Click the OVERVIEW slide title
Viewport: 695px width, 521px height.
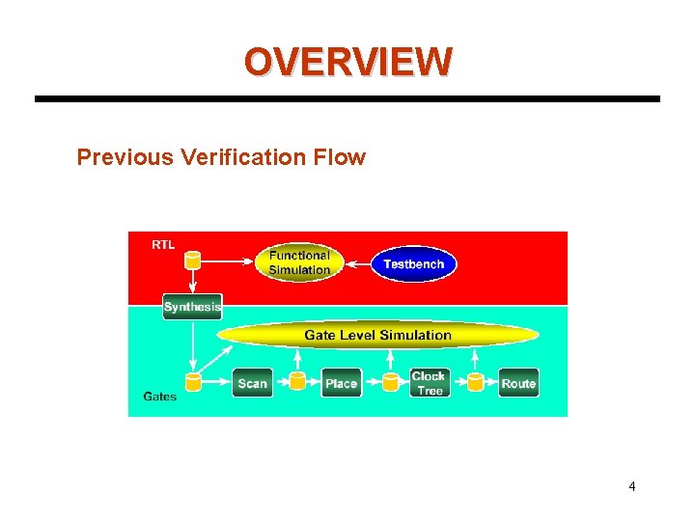tap(347, 62)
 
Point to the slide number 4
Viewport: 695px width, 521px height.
tap(632, 486)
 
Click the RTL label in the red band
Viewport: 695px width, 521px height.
tap(163, 245)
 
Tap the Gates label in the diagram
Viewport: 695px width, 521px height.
tap(160, 397)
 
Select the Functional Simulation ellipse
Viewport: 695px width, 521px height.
tap(298, 262)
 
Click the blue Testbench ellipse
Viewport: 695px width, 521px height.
tap(413, 263)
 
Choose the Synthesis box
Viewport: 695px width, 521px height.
tap(192, 307)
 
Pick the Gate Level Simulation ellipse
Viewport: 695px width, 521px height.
tap(377, 336)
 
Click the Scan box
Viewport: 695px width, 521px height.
tap(252, 383)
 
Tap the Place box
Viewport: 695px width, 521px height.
tap(341, 383)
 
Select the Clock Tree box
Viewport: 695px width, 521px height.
tap(428, 383)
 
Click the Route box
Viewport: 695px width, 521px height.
tap(518, 383)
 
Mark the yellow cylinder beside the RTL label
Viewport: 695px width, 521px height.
tap(192, 260)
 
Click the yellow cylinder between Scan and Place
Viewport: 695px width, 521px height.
tap(297, 381)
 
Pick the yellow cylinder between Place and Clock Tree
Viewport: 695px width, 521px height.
tap(390, 382)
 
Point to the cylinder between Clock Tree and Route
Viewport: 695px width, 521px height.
tap(475, 382)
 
